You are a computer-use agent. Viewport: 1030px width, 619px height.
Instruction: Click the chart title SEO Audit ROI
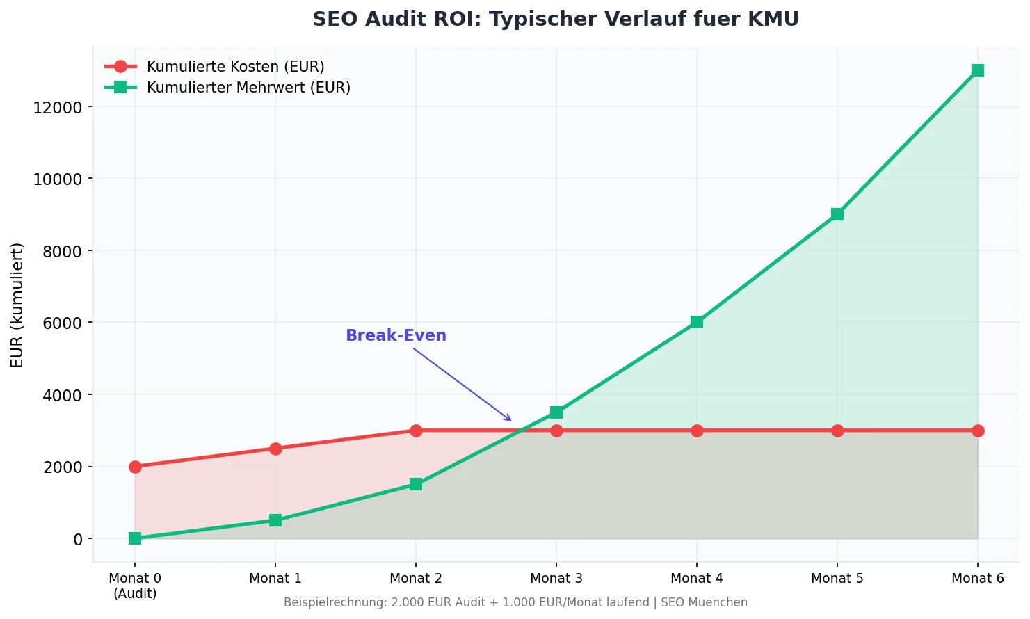(555, 19)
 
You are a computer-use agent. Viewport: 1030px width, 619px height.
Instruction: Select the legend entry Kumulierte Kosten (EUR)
(235, 67)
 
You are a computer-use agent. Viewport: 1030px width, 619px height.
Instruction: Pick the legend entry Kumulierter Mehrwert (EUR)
(248, 88)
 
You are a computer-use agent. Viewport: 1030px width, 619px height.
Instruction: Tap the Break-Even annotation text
(396, 335)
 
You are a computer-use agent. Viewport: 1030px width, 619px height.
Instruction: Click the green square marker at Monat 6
(977, 70)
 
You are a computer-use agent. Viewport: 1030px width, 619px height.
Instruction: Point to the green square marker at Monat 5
(837, 214)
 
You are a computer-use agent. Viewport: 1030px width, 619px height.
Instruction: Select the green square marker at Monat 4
(696, 322)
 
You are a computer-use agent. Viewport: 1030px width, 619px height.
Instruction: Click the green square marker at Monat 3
(556, 412)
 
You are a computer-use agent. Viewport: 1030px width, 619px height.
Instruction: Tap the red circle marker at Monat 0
(135, 467)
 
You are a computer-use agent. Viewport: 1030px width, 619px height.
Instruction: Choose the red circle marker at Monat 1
(275, 449)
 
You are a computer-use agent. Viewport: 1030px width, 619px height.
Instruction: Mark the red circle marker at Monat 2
(416, 431)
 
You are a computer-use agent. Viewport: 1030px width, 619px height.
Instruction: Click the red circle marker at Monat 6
(977, 431)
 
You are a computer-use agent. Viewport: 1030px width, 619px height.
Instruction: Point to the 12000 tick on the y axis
(58, 107)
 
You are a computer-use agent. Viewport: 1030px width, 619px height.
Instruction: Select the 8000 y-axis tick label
(63, 251)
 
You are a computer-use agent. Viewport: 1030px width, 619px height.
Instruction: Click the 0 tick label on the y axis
(78, 539)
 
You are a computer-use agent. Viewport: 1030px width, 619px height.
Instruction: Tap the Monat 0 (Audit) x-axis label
(135, 586)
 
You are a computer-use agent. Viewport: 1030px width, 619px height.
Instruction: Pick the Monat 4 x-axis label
(696, 579)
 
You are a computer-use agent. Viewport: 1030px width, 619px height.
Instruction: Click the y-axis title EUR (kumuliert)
(17, 305)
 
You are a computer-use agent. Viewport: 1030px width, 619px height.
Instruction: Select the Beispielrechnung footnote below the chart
(515, 603)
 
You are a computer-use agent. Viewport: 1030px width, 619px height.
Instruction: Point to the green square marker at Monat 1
(275, 520)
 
